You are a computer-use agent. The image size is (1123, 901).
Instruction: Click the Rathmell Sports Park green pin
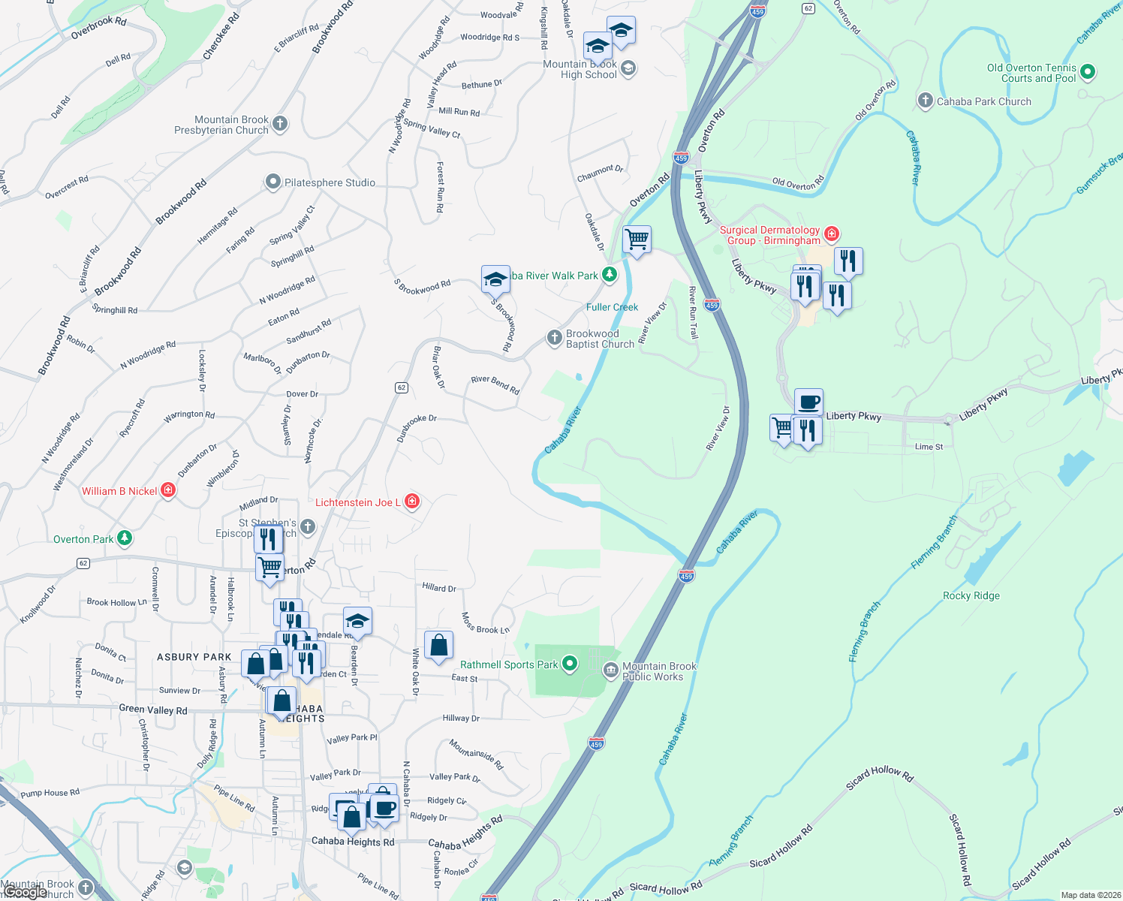point(570,664)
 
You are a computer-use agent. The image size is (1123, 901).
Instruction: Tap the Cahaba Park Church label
point(983,101)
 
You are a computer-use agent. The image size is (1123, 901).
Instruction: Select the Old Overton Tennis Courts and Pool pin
point(1088,73)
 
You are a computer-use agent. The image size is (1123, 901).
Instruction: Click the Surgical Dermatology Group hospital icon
point(831,234)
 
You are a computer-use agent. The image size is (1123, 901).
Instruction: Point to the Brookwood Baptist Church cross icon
point(554,338)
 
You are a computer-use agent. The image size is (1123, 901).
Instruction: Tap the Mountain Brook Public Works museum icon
point(610,670)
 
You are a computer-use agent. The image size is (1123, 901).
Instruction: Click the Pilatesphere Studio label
point(330,182)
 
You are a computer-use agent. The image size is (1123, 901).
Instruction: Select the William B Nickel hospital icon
point(168,491)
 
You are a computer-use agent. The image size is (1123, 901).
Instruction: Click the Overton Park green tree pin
point(125,538)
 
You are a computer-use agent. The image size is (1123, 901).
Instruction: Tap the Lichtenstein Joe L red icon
point(411,502)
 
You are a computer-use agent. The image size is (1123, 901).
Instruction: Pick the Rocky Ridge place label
point(971,595)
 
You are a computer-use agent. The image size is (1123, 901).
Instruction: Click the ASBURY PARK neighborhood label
point(194,657)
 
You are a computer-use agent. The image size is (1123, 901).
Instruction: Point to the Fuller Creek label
point(612,307)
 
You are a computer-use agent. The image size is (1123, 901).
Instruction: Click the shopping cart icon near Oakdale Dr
point(637,240)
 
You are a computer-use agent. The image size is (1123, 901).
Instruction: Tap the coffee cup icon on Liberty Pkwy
point(808,402)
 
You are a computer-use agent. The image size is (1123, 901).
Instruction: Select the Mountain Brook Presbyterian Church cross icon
point(280,124)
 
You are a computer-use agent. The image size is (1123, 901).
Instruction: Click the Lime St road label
point(929,447)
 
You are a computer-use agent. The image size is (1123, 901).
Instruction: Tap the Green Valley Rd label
point(153,709)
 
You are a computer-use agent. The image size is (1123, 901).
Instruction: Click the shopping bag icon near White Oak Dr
point(438,645)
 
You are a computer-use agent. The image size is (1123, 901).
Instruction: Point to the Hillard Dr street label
point(438,588)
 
